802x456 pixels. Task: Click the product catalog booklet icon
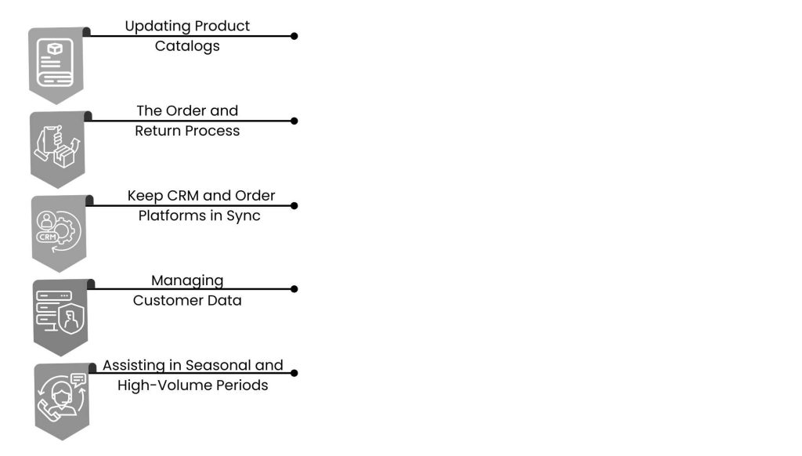[x=56, y=63]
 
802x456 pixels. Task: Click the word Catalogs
[x=187, y=45]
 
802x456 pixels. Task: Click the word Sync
[x=244, y=215]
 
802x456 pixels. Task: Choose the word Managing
[x=187, y=280]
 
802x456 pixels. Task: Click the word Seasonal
[x=220, y=365]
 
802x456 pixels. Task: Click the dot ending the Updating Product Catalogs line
[x=294, y=36]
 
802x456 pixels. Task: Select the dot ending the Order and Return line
[x=294, y=121]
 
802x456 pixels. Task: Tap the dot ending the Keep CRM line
[x=294, y=205]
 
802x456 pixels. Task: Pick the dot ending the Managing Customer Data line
[x=294, y=289]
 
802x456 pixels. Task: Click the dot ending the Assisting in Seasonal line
[x=294, y=373]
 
